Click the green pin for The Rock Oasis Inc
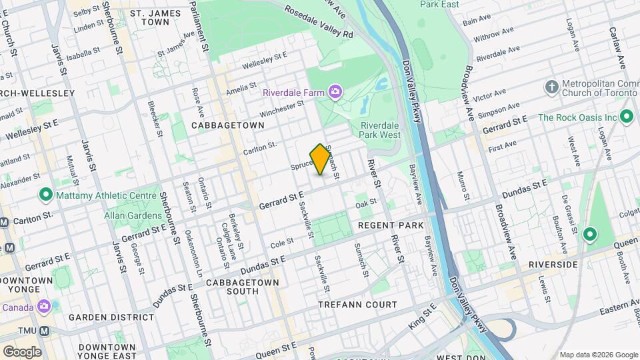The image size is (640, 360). tap(626, 117)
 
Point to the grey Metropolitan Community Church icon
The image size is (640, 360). tap(551, 87)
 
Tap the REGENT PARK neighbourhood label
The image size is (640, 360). tap(391, 225)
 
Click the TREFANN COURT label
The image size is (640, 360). tap(357, 305)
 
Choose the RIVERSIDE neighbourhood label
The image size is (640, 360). tap(553, 265)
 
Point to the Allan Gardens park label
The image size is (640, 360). tap(133, 215)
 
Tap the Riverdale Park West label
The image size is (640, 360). tap(380, 129)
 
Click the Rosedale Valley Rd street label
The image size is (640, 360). tap(318, 21)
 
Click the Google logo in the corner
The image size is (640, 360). tap(22, 351)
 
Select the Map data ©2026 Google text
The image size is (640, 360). tap(598, 354)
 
